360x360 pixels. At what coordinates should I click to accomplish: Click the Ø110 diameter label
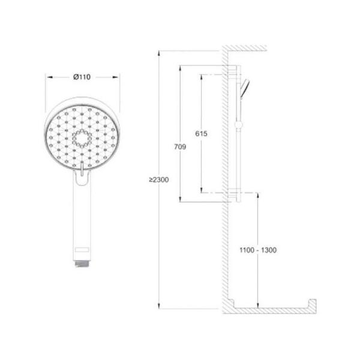pos(82,77)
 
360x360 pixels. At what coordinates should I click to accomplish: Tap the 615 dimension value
pos(201,133)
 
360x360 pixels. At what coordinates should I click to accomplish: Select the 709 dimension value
pos(180,146)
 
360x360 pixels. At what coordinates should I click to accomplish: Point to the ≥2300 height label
pos(158,179)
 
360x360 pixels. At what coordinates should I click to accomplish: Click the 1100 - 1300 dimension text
pos(258,250)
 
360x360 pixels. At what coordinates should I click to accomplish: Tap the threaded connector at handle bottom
pos(82,263)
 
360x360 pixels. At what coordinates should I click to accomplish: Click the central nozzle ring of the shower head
pos(82,138)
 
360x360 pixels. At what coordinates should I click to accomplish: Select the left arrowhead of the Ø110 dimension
pos(50,77)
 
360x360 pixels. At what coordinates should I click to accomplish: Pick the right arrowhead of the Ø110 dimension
pos(115,77)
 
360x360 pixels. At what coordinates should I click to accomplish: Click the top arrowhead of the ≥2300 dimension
pos(159,53)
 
